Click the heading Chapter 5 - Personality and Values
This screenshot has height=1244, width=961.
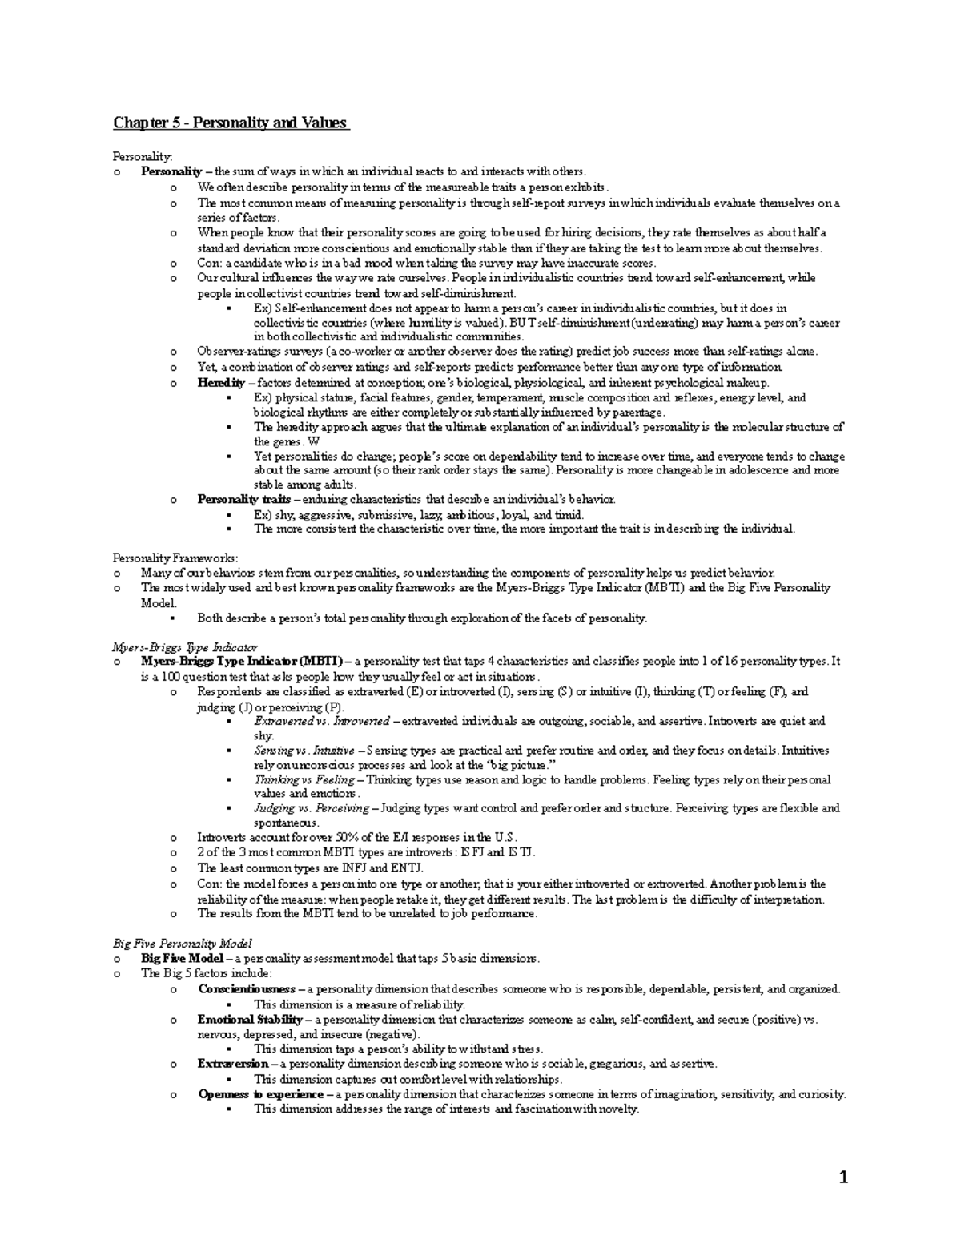pos(231,123)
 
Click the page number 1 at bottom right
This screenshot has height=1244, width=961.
pos(842,1177)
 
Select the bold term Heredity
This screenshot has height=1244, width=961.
pos(221,383)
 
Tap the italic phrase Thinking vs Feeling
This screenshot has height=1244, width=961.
pos(304,779)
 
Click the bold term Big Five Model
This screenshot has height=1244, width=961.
pos(183,958)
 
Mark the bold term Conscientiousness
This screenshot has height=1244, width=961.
pos(246,989)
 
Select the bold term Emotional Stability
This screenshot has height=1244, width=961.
pos(250,1020)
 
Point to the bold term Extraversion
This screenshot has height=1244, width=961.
pos(233,1064)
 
